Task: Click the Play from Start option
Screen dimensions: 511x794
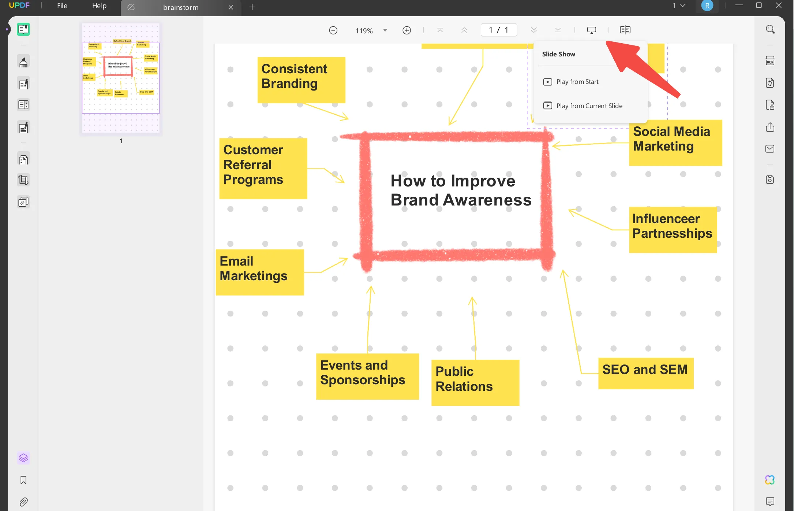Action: pos(577,82)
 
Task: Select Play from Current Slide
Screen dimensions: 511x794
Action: pos(589,106)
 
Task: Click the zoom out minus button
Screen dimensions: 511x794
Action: pos(333,30)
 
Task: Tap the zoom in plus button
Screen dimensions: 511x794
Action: pos(407,30)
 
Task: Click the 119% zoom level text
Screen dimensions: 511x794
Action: pos(364,31)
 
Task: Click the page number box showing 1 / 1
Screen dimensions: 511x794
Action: pos(498,30)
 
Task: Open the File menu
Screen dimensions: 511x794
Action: pos(62,6)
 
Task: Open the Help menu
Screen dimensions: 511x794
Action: pos(99,6)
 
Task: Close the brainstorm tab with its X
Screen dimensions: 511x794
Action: pos(231,7)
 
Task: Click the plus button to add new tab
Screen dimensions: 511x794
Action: pos(252,7)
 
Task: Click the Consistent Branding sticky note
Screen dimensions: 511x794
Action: pos(301,79)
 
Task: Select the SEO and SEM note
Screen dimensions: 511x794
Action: pos(645,373)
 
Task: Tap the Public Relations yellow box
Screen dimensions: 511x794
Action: pos(475,382)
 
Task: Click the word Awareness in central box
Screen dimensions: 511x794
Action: pos(487,200)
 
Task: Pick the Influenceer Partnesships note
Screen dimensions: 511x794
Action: pos(673,229)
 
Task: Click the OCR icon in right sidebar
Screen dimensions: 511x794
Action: pos(770,61)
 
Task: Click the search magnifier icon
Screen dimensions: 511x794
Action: pos(770,30)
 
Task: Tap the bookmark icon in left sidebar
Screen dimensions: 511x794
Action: pos(23,480)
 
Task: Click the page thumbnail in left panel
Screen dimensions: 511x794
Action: pos(121,78)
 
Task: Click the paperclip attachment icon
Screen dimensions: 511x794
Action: pos(23,501)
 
